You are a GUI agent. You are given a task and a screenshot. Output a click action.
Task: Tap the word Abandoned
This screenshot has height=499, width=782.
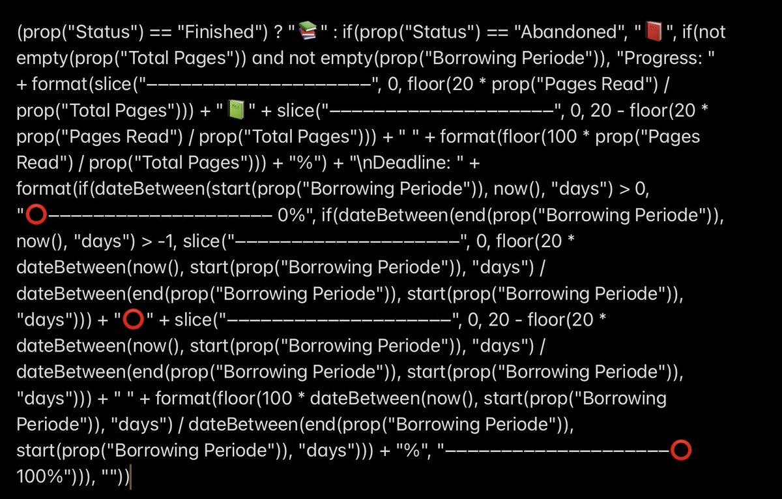(x=568, y=32)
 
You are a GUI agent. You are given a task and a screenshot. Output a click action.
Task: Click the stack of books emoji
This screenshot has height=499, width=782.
(x=308, y=31)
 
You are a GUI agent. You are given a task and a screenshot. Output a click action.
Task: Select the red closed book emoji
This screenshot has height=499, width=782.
(x=654, y=31)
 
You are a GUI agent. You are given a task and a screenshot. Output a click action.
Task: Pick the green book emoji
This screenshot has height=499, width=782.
(x=236, y=110)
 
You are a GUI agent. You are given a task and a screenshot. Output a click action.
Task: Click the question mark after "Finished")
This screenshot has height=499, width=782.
(x=279, y=32)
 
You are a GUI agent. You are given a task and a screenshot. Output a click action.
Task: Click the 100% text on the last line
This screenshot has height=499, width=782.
(x=40, y=476)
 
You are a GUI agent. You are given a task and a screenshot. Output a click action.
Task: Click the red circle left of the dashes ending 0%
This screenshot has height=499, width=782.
(x=36, y=215)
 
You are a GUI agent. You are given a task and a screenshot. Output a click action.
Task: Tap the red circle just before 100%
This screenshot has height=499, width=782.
(x=681, y=450)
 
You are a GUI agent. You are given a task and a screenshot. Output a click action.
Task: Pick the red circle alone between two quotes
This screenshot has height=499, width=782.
(x=133, y=320)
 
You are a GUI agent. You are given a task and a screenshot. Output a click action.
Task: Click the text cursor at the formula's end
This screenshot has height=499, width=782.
(x=130, y=477)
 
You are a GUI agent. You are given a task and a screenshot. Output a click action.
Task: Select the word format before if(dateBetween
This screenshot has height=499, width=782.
(x=44, y=189)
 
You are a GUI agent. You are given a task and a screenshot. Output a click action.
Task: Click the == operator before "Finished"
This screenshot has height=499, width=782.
(x=160, y=32)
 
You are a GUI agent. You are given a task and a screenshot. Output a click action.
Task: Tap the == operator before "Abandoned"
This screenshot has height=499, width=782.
(x=497, y=32)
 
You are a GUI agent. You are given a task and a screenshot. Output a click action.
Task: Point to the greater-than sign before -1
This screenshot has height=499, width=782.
(x=147, y=241)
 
